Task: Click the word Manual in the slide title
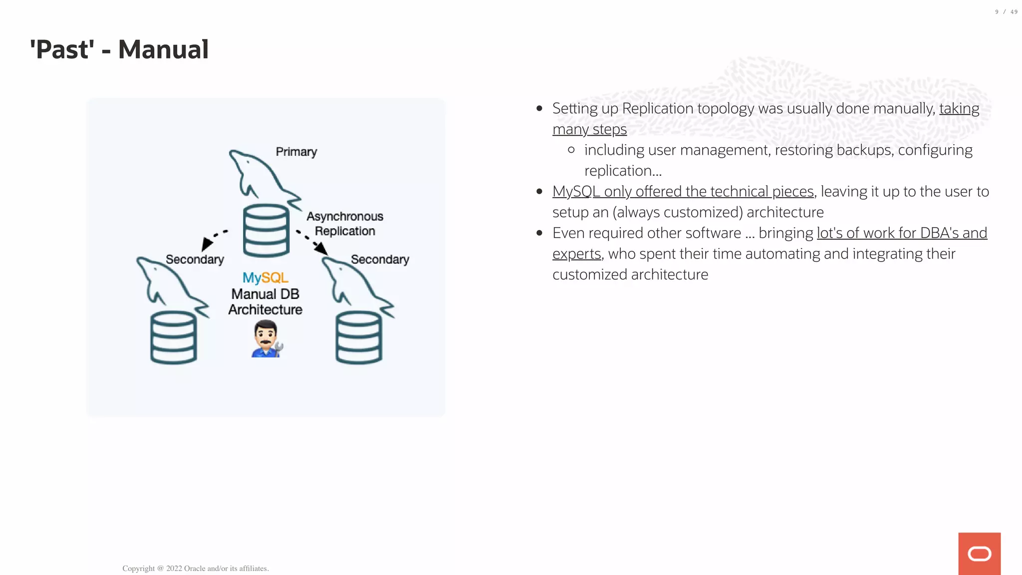163,49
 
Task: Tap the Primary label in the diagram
296,152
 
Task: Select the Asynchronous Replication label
344,224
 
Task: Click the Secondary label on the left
195,260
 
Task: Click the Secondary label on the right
380,260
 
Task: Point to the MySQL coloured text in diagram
265,278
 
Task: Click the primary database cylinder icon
266,231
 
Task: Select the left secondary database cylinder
173,337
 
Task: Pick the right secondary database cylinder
359,337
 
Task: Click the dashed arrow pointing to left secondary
214,239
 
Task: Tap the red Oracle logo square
979,554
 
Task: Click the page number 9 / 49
1006,12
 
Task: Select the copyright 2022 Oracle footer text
195,569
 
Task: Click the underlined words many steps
589,129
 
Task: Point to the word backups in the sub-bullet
865,150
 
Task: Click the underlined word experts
576,254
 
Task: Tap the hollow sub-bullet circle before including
571,150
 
